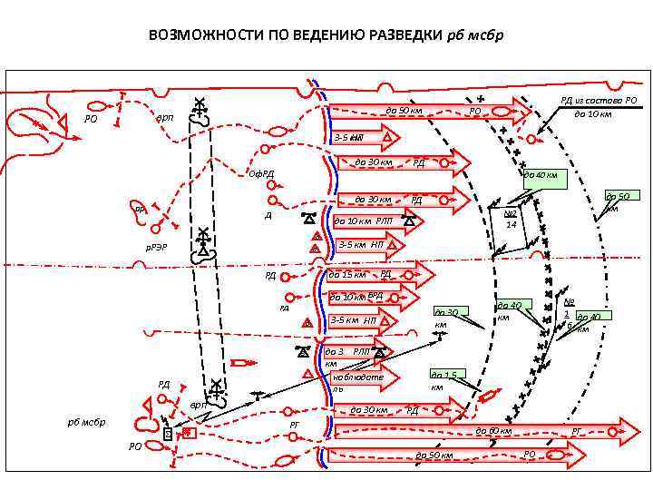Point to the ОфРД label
262,174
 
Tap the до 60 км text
494,430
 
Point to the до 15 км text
347,274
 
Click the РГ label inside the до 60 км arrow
577,430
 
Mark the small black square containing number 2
167,436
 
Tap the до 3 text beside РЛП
335,351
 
